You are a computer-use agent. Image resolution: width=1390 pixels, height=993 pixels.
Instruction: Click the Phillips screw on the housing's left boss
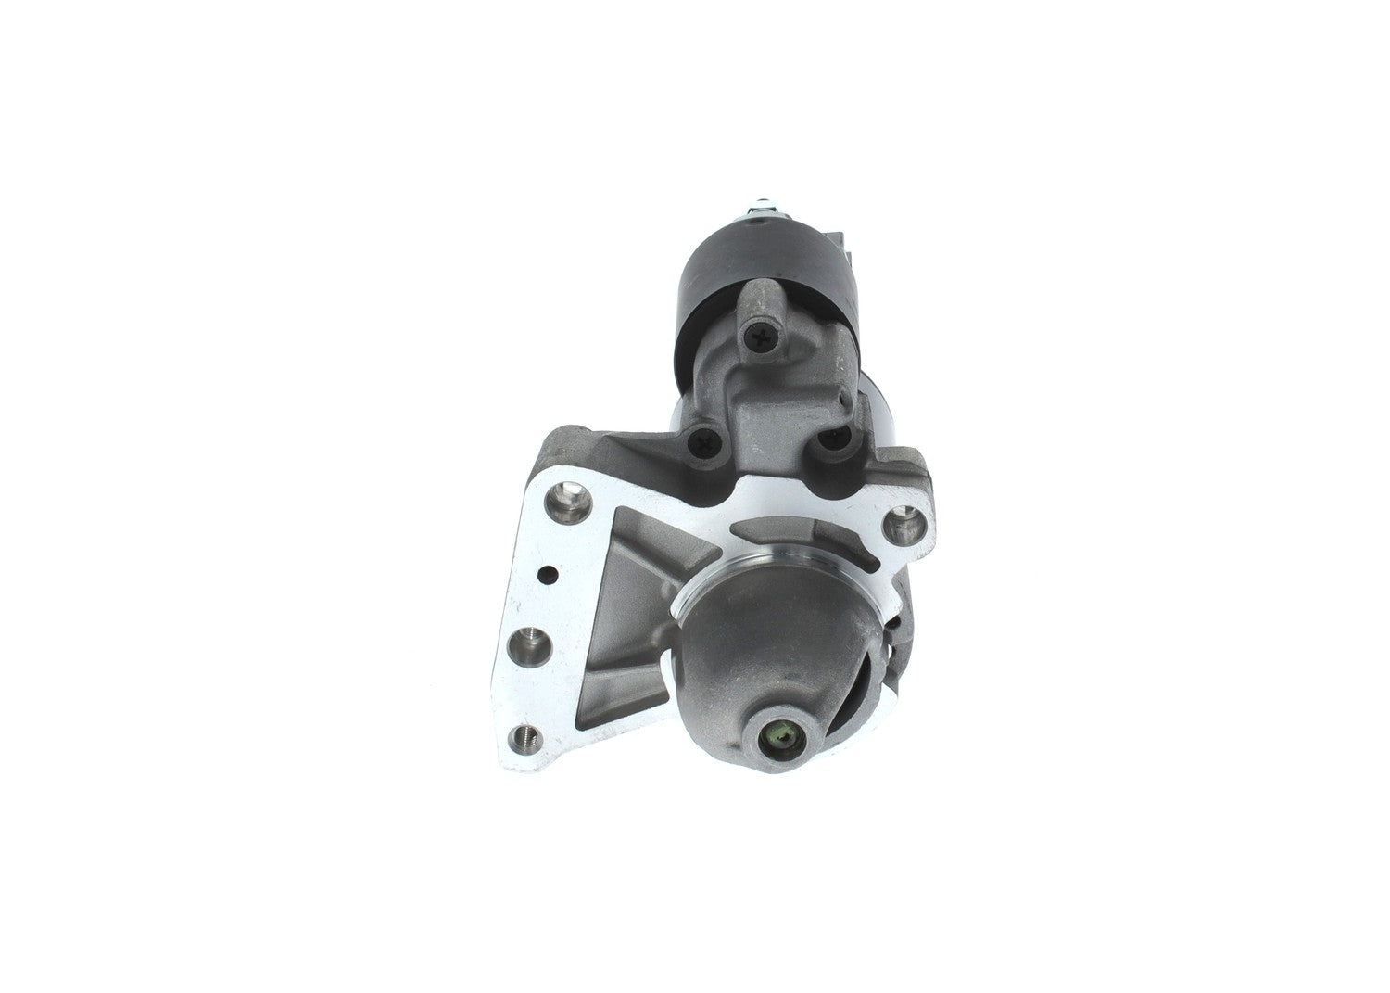click(706, 442)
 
